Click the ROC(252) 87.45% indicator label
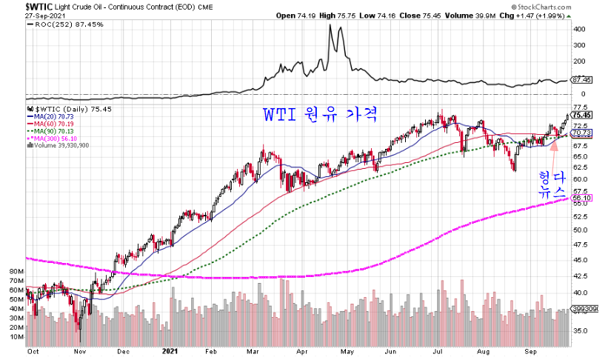point(59,24)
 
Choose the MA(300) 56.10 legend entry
point(52,138)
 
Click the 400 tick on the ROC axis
point(579,30)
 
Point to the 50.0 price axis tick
point(582,230)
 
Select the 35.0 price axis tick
point(582,330)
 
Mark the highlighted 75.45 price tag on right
point(582,115)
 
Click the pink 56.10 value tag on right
point(582,198)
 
